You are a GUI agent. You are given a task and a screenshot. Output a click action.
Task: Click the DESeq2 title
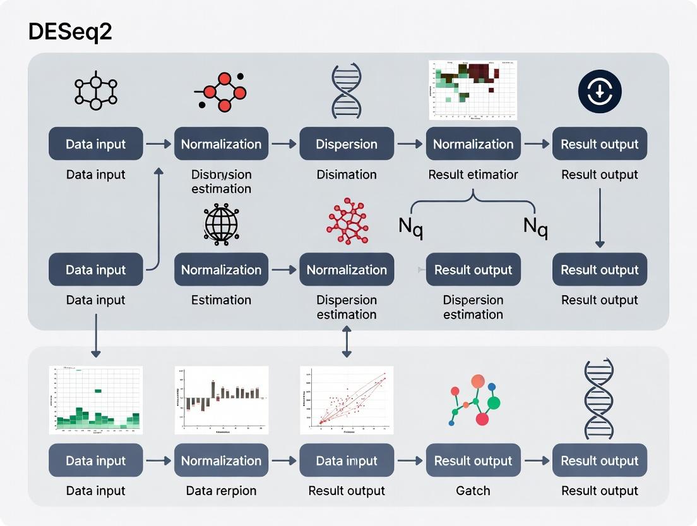70,32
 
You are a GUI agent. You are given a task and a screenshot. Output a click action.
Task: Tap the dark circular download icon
600,92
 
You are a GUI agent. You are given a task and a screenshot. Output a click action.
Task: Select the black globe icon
221,223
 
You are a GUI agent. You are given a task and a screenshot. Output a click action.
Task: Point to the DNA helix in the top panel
346,92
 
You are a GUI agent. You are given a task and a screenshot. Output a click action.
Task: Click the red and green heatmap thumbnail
473,90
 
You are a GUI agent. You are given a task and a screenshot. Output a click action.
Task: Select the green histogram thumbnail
96,400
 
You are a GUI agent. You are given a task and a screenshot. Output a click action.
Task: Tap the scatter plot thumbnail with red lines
347,400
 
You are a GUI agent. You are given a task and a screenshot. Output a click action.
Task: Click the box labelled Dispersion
347,144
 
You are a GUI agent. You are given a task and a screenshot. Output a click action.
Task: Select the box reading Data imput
347,461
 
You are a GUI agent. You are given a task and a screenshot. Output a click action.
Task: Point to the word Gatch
473,491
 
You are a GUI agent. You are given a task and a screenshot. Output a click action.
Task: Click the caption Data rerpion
221,491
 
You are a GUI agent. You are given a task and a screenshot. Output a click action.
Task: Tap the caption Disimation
347,174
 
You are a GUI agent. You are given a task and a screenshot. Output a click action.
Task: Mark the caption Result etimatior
473,174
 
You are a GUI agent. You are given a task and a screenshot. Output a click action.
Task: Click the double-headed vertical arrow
347,344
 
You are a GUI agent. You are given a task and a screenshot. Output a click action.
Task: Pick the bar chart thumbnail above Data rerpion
221,400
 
